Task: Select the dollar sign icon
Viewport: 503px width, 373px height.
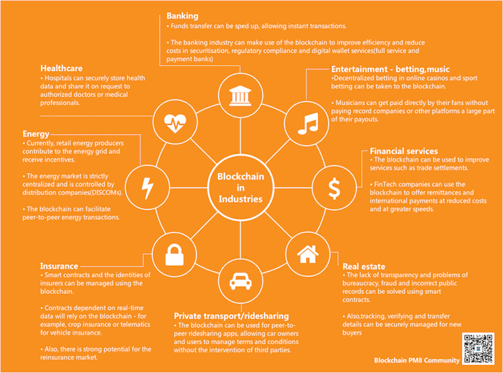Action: (334, 187)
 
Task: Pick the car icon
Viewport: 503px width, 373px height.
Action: (240, 279)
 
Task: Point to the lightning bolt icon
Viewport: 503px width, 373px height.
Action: (146, 187)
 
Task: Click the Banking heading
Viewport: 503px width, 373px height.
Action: (183, 15)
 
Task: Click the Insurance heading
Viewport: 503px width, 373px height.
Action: (59, 265)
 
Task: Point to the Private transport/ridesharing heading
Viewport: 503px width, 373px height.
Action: (231, 315)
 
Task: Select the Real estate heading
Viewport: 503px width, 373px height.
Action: (364, 266)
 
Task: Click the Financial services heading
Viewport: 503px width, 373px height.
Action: (404, 151)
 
